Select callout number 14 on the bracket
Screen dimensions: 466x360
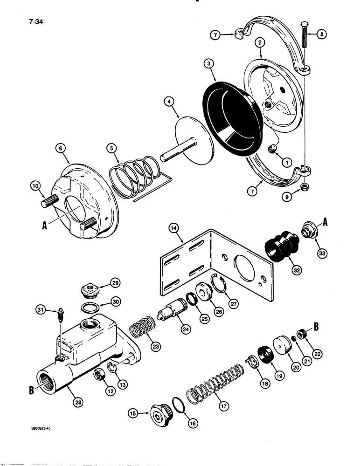click(173, 228)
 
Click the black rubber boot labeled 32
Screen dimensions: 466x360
click(278, 247)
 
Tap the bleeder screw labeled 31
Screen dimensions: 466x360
click(60, 318)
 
